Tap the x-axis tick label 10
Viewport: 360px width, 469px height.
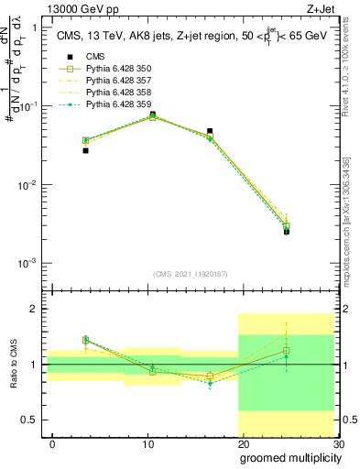click(x=147, y=442)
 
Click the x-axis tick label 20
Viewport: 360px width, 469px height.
click(x=243, y=442)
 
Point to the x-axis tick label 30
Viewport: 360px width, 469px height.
click(x=337, y=442)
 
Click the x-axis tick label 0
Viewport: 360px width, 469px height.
click(x=52, y=442)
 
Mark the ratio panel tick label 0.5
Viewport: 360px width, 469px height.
click(x=31, y=420)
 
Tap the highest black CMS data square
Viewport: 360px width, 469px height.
click(x=152, y=115)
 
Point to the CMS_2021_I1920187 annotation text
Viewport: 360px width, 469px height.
click(x=191, y=274)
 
